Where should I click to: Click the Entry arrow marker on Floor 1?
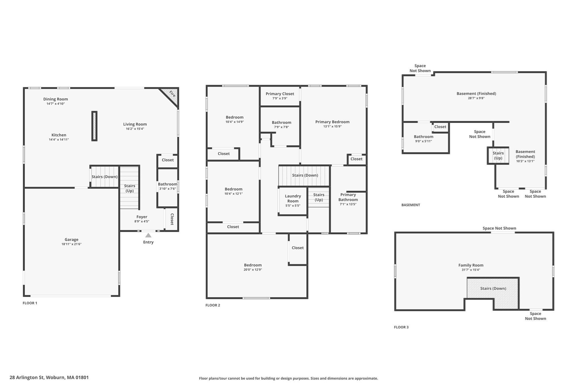point(148,235)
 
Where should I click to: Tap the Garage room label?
point(71,240)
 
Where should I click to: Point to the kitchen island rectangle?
point(94,126)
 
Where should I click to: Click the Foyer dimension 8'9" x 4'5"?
point(142,221)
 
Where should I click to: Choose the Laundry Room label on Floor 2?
point(293,199)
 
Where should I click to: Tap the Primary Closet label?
point(280,94)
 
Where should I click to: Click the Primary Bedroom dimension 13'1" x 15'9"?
point(332,127)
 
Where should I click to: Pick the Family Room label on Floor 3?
point(471,265)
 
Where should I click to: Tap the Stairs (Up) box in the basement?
point(498,155)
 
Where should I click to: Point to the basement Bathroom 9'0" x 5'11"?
point(423,139)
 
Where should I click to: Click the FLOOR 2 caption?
point(213,305)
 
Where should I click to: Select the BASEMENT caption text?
point(410,205)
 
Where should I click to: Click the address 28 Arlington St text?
point(49,378)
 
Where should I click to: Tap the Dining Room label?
point(56,99)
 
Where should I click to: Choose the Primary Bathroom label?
point(348,197)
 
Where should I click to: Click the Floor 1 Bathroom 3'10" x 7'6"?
point(167,186)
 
